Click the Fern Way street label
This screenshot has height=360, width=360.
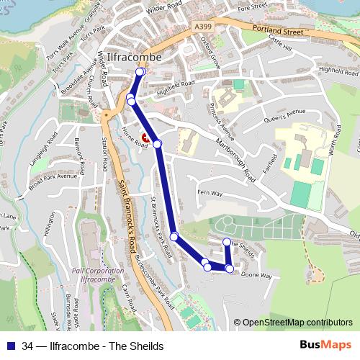click(210, 194)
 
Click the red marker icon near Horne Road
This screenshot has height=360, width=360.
click(145, 137)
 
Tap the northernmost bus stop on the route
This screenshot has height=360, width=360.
click(140, 72)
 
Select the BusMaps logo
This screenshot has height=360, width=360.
click(325, 346)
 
